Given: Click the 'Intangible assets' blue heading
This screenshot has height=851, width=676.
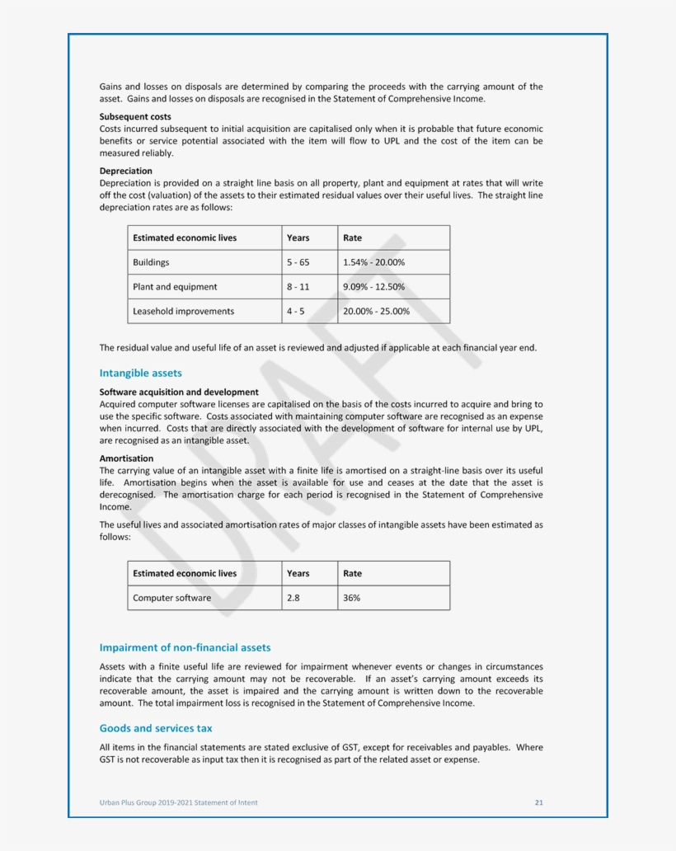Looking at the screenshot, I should (140, 373).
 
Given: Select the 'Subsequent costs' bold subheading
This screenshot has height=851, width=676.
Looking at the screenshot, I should (135, 117).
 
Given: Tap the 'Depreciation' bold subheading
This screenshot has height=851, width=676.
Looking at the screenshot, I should (125, 171).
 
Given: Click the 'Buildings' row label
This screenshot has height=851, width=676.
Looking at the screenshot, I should (151, 262).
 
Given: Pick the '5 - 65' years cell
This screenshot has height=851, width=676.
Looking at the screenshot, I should (298, 262).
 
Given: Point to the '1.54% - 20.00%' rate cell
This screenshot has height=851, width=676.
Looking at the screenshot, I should (373, 262).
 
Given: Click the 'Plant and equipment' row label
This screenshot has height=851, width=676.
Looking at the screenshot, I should (175, 287).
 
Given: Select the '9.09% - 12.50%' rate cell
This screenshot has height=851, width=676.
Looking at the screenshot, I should (373, 287).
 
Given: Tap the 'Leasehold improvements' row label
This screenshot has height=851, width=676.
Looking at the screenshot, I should (183, 311).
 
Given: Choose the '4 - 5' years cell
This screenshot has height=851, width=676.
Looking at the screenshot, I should (295, 311).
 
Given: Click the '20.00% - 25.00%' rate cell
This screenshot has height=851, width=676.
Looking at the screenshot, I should (376, 311).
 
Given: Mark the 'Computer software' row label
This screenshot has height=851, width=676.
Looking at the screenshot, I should (171, 598).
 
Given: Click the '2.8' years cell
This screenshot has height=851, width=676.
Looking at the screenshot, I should (293, 598).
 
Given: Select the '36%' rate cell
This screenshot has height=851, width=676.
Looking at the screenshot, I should (351, 598).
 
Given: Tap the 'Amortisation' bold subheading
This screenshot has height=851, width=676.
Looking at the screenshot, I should (126, 458).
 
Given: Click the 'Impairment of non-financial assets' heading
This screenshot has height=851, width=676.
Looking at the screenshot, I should (185, 647).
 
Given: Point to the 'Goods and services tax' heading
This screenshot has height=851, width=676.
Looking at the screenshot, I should (156, 728).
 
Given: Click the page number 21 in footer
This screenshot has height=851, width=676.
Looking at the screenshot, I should (538, 802).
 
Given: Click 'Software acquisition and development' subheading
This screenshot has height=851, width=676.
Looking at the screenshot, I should (179, 393).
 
